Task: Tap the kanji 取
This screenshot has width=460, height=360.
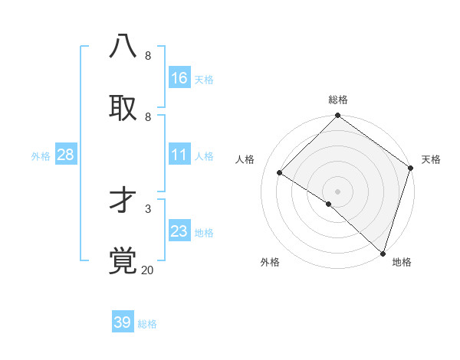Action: pyautogui.click(x=123, y=107)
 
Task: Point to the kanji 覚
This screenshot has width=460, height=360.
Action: pyautogui.click(x=123, y=260)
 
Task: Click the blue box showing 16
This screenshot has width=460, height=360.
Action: pyautogui.click(x=179, y=78)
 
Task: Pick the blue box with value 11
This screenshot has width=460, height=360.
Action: pyautogui.click(x=179, y=155)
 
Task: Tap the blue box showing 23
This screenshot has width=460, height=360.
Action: pyautogui.click(x=179, y=231)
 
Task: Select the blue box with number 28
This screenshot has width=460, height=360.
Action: pyautogui.click(x=66, y=155)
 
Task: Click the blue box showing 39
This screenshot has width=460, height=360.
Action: pyautogui.click(x=123, y=322)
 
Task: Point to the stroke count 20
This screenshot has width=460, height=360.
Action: pyautogui.click(x=147, y=270)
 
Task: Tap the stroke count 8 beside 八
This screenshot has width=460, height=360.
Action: pyautogui.click(x=147, y=56)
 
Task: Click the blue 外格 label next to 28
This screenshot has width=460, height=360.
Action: pyautogui.click(x=41, y=156)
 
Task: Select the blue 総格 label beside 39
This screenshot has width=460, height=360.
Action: pyautogui.click(x=147, y=324)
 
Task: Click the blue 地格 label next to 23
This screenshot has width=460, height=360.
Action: pyautogui.click(x=204, y=233)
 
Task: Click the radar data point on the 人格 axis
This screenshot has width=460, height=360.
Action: pyautogui.click(x=280, y=173)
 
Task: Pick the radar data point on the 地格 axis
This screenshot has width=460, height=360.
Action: pyautogui.click(x=383, y=253)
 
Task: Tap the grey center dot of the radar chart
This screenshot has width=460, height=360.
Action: pyautogui.click(x=337, y=191)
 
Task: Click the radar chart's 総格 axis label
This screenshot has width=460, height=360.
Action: pyautogui.click(x=338, y=100)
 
